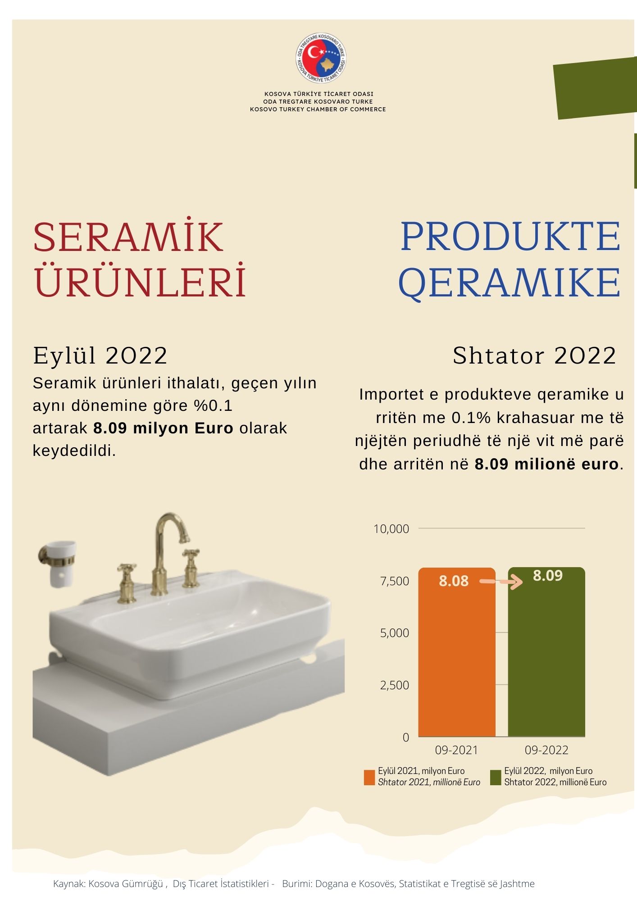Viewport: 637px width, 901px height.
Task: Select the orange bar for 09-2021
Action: click(457, 652)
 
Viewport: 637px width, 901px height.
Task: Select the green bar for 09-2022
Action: click(546, 651)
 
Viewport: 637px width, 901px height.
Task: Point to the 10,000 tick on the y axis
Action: click(391, 528)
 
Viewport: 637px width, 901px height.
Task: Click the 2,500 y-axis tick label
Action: click(394, 685)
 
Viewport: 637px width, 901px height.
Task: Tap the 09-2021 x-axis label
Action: click(456, 750)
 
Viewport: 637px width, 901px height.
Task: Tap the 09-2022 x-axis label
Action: click(546, 750)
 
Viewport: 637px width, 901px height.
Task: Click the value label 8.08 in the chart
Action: click(454, 581)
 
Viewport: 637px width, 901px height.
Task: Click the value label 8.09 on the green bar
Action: click(548, 575)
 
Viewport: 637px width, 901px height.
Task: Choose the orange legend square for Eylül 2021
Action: click(369, 778)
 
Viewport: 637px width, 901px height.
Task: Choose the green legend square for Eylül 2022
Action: click(496, 778)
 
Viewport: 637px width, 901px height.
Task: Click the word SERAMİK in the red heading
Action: click(128, 237)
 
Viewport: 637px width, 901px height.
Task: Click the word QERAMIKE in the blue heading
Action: click(510, 282)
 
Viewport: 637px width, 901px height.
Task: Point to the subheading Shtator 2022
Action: click(534, 356)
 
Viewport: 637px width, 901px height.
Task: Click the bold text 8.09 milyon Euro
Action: click(163, 428)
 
